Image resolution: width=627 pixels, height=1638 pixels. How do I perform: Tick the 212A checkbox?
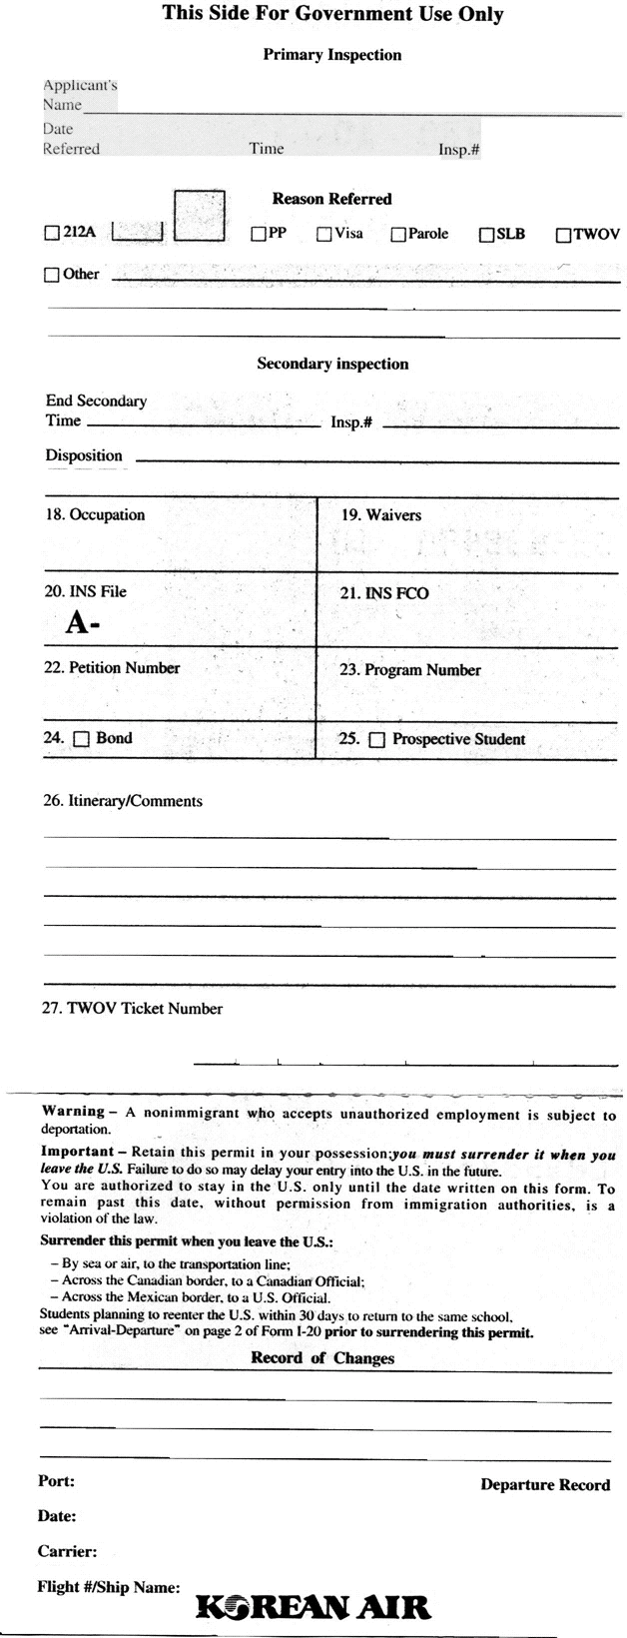[52, 235]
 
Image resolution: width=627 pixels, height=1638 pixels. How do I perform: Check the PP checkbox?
[258, 235]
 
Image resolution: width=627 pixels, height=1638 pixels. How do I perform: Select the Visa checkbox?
[324, 235]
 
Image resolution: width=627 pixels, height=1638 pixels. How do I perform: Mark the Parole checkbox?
[398, 235]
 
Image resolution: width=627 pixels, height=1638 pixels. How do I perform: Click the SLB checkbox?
[487, 236]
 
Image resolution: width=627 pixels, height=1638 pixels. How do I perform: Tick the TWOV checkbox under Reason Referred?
[563, 236]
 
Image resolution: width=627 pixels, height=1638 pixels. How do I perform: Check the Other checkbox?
[52, 275]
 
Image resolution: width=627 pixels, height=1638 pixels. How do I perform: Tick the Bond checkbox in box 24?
[82, 739]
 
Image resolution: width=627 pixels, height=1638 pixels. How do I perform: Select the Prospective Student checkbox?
[376, 740]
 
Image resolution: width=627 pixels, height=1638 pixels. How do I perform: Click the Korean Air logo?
[313, 1607]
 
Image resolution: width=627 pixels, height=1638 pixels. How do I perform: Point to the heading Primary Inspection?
[331, 55]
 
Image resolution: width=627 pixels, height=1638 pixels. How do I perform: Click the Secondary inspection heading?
[332, 364]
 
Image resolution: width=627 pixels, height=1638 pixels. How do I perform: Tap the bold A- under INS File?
[84, 623]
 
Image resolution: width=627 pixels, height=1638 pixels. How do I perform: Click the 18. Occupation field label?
[95, 515]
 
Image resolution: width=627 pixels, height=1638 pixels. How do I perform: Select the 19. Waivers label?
[381, 515]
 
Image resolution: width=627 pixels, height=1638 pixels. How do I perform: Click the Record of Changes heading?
[322, 1358]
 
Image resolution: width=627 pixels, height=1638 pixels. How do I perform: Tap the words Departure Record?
[545, 1485]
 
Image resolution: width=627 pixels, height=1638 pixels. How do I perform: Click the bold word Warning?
[73, 1111]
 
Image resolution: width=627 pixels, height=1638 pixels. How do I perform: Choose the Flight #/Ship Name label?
[109, 1586]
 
